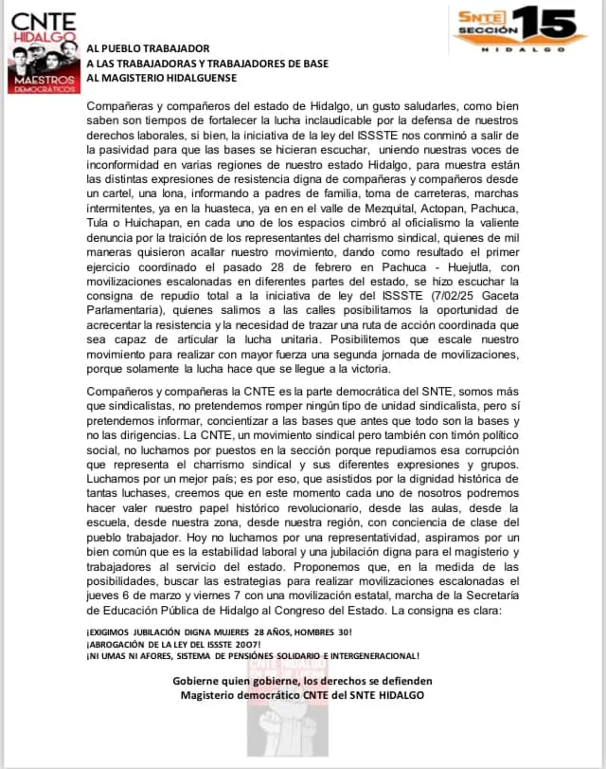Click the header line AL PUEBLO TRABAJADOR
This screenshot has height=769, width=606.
click(x=148, y=47)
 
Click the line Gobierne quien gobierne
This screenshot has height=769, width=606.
click(x=302, y=680)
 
